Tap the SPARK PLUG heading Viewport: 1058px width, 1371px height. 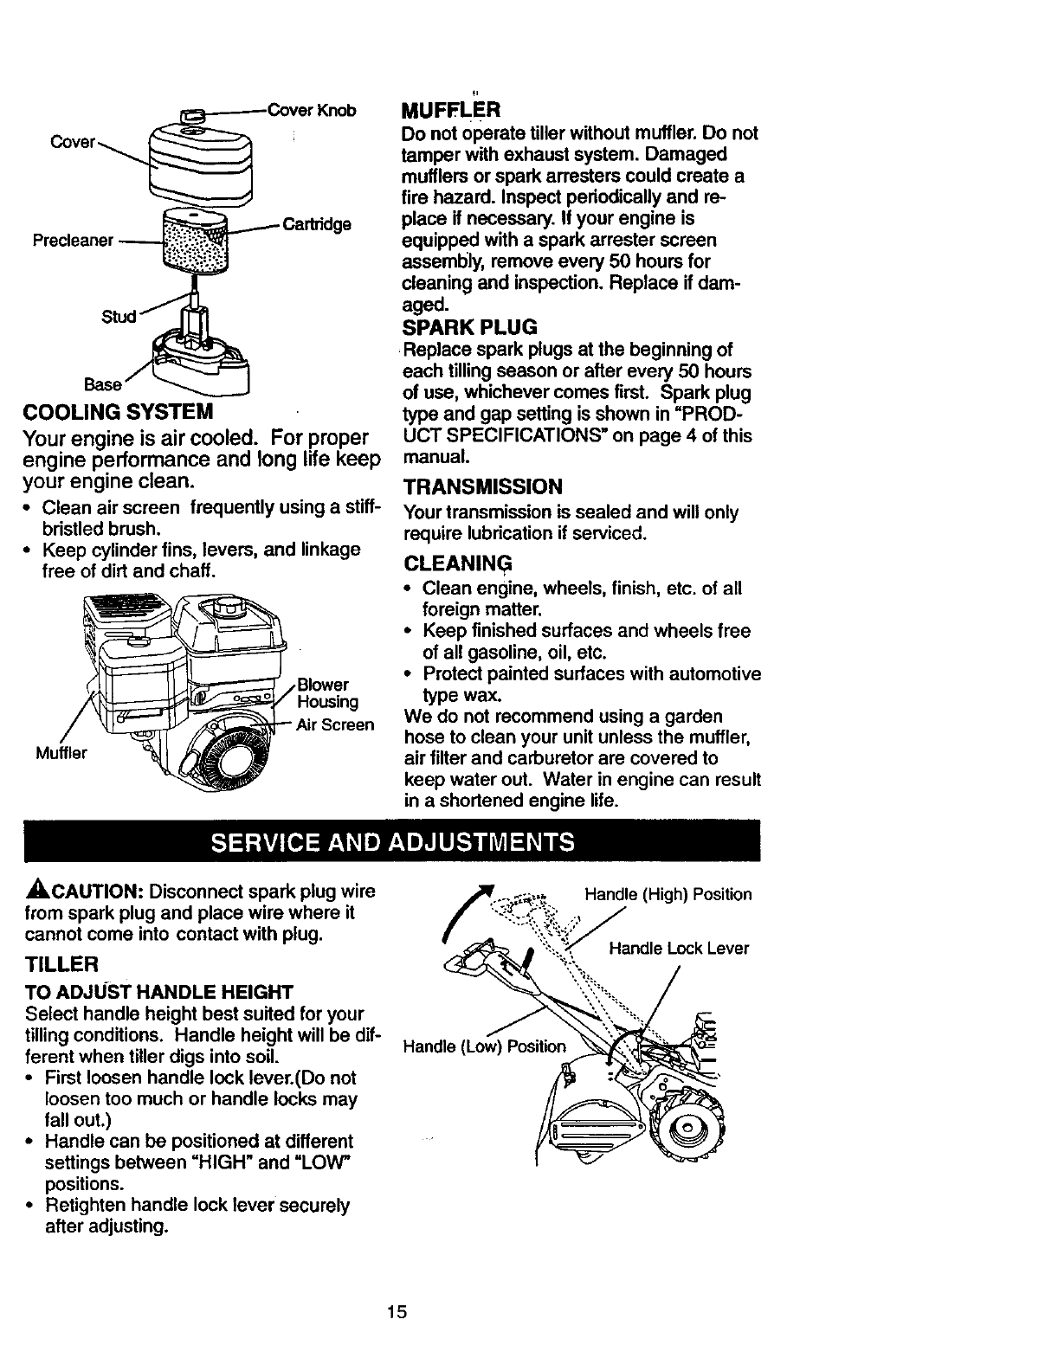coord(469,327)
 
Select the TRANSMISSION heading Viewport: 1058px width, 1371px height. coord(483,486)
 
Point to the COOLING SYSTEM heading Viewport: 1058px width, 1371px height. coord(119,409)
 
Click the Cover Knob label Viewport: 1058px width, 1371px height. coord(313,111)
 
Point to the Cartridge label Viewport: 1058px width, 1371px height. coord(316,224)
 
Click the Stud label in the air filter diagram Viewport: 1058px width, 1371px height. coord(119,316)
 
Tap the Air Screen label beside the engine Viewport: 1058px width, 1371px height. coord(335,724)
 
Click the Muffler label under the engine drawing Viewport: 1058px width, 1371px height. coord(61,753)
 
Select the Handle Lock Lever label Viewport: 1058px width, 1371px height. coord(679,949)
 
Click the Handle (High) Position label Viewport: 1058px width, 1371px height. coord(668,894)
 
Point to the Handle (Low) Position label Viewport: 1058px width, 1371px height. coord(485,1046)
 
